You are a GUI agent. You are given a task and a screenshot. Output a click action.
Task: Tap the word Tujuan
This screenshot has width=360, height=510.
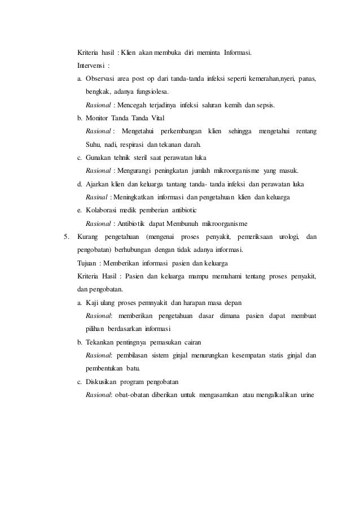(x=86, y=263)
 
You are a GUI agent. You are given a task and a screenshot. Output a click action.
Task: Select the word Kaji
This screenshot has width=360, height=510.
(x=93, y=302)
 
